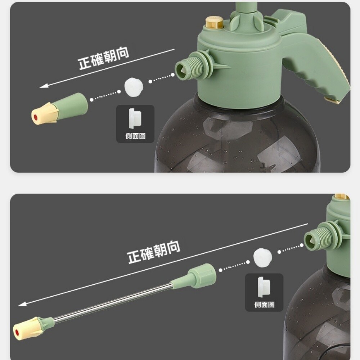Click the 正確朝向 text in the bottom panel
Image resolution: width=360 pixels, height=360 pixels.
pos(154,252)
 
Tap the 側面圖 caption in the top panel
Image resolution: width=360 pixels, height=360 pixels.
pos(135,136)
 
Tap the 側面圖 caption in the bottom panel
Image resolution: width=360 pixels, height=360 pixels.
pos(264,305)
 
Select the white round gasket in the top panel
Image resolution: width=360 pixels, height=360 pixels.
pos(134,87)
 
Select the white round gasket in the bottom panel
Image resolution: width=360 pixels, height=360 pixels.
pos(263,257)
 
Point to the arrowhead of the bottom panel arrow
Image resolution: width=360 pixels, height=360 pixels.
pos(22,304)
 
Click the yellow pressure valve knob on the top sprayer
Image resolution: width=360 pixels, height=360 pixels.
pos(214,22)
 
